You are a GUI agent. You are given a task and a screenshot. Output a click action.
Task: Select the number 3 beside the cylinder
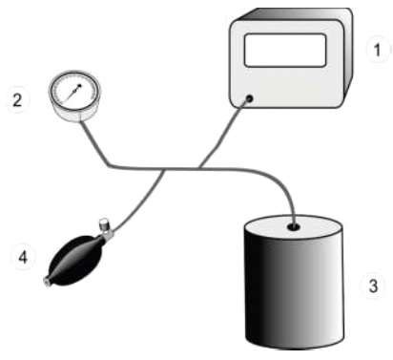point(374,284)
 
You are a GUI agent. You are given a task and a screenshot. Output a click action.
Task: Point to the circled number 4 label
point(17,256)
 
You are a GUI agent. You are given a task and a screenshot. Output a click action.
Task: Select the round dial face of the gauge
point(68,94)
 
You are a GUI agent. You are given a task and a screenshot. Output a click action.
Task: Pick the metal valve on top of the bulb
point(103,229)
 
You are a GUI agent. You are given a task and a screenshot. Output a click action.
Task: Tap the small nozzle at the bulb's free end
point(46,282)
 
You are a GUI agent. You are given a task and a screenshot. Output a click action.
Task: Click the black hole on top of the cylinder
point(293,227)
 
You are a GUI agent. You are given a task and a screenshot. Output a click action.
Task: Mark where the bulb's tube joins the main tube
point(163,170)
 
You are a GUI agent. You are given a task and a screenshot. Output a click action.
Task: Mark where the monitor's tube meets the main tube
point(202,169)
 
